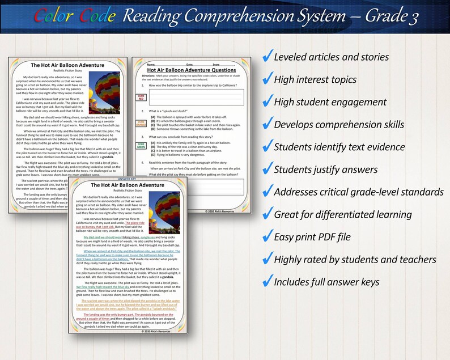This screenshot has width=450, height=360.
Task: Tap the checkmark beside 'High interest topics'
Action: click(x=266, y=80)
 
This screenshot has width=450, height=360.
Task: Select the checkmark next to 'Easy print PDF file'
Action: click(x=266, y=237)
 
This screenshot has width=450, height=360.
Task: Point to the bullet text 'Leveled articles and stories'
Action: click(x=331, y=57)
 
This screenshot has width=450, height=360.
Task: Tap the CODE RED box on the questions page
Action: click(x=141, y=97)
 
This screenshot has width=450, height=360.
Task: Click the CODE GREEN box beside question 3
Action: click(x=141, y=146)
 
